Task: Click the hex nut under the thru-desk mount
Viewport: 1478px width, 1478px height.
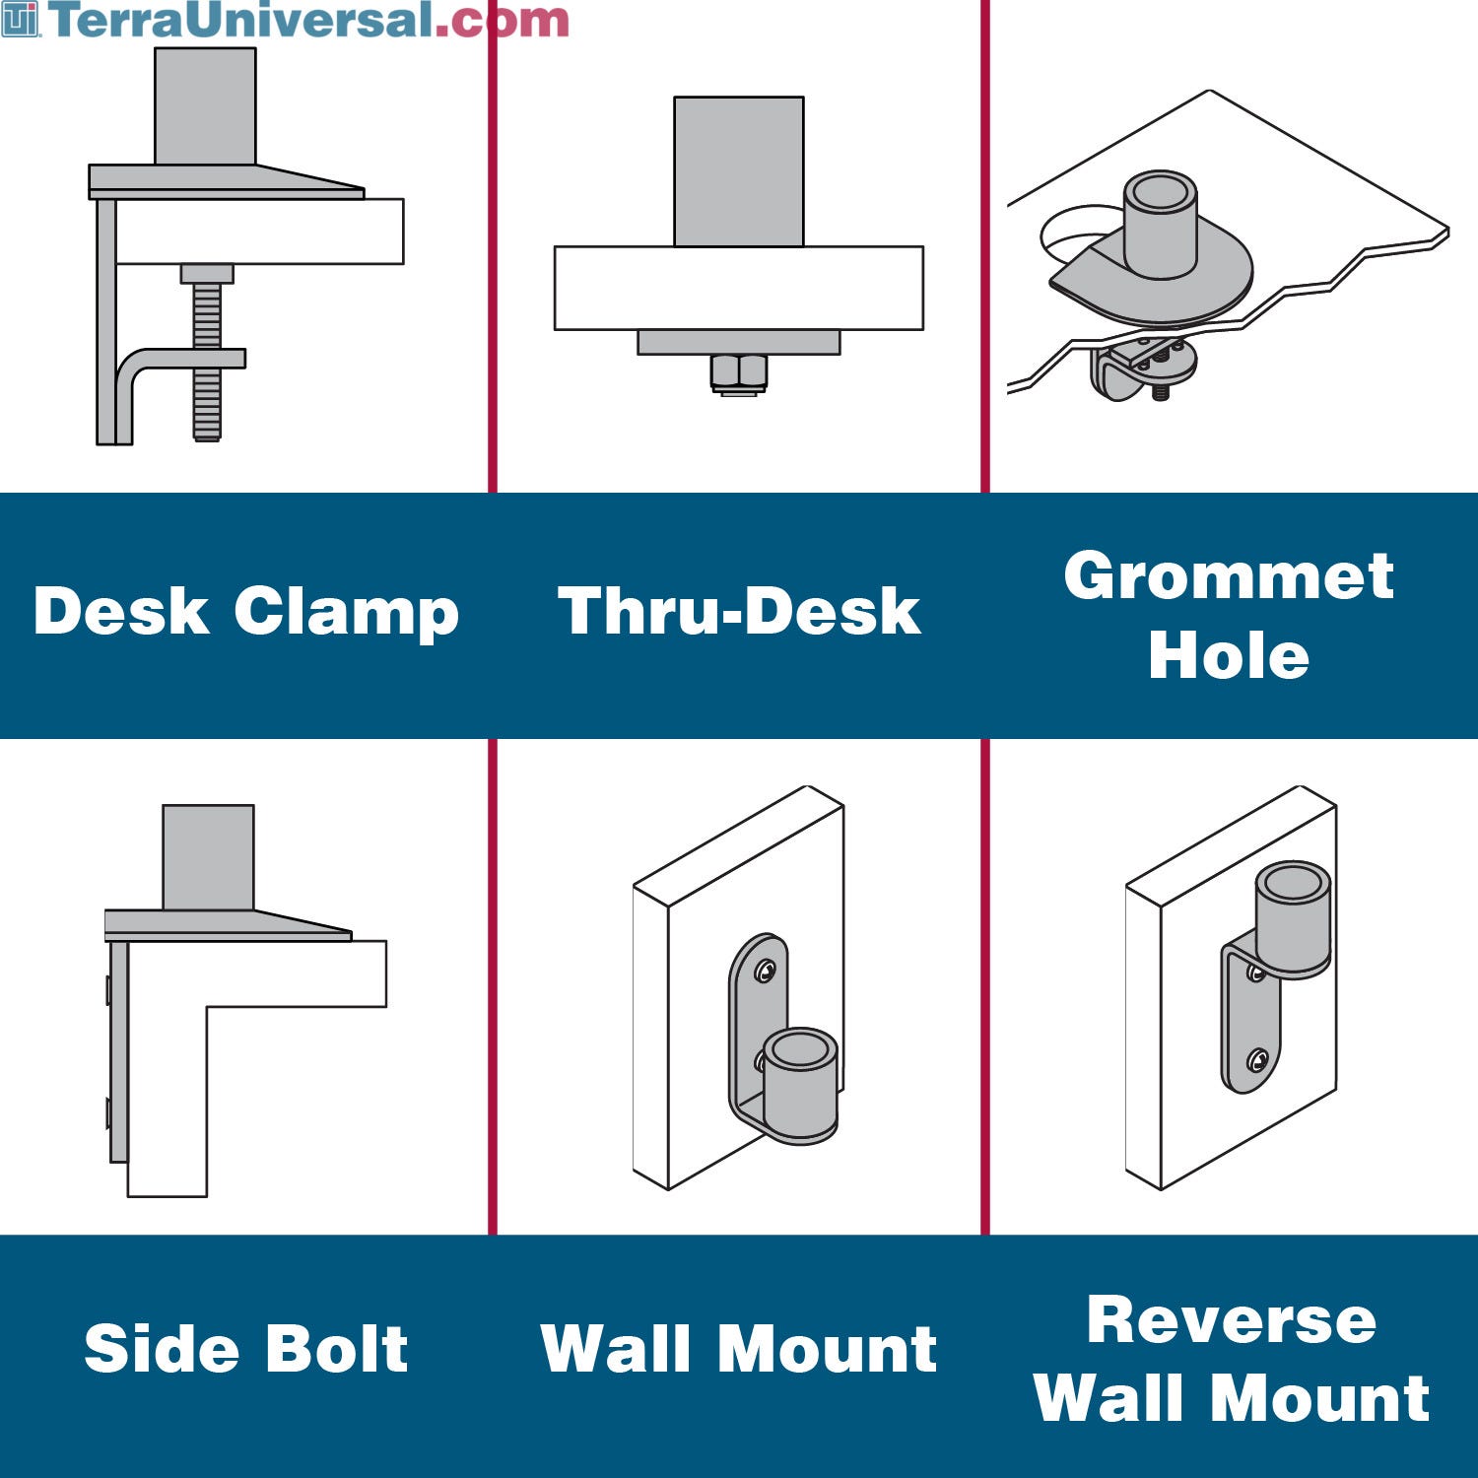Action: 739,373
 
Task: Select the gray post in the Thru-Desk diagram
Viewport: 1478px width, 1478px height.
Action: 739,171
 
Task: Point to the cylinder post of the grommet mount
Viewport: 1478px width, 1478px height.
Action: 1161,224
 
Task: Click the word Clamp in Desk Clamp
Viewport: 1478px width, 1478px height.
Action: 347,613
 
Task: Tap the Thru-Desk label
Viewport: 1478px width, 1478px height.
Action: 739,611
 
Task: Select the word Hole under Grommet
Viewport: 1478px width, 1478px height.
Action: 1229,654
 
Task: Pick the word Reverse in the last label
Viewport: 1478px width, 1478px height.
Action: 1232,1319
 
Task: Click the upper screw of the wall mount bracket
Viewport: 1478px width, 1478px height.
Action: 765,973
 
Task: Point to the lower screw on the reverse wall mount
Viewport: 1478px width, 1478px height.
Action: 1256,1061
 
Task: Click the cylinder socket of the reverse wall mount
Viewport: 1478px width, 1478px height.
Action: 1294,918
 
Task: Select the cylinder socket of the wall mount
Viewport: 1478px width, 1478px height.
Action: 800,1084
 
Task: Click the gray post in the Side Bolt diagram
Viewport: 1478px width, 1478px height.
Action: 208,857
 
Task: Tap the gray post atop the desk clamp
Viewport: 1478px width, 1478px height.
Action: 205,106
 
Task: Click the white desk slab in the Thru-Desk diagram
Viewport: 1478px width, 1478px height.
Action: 739,288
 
